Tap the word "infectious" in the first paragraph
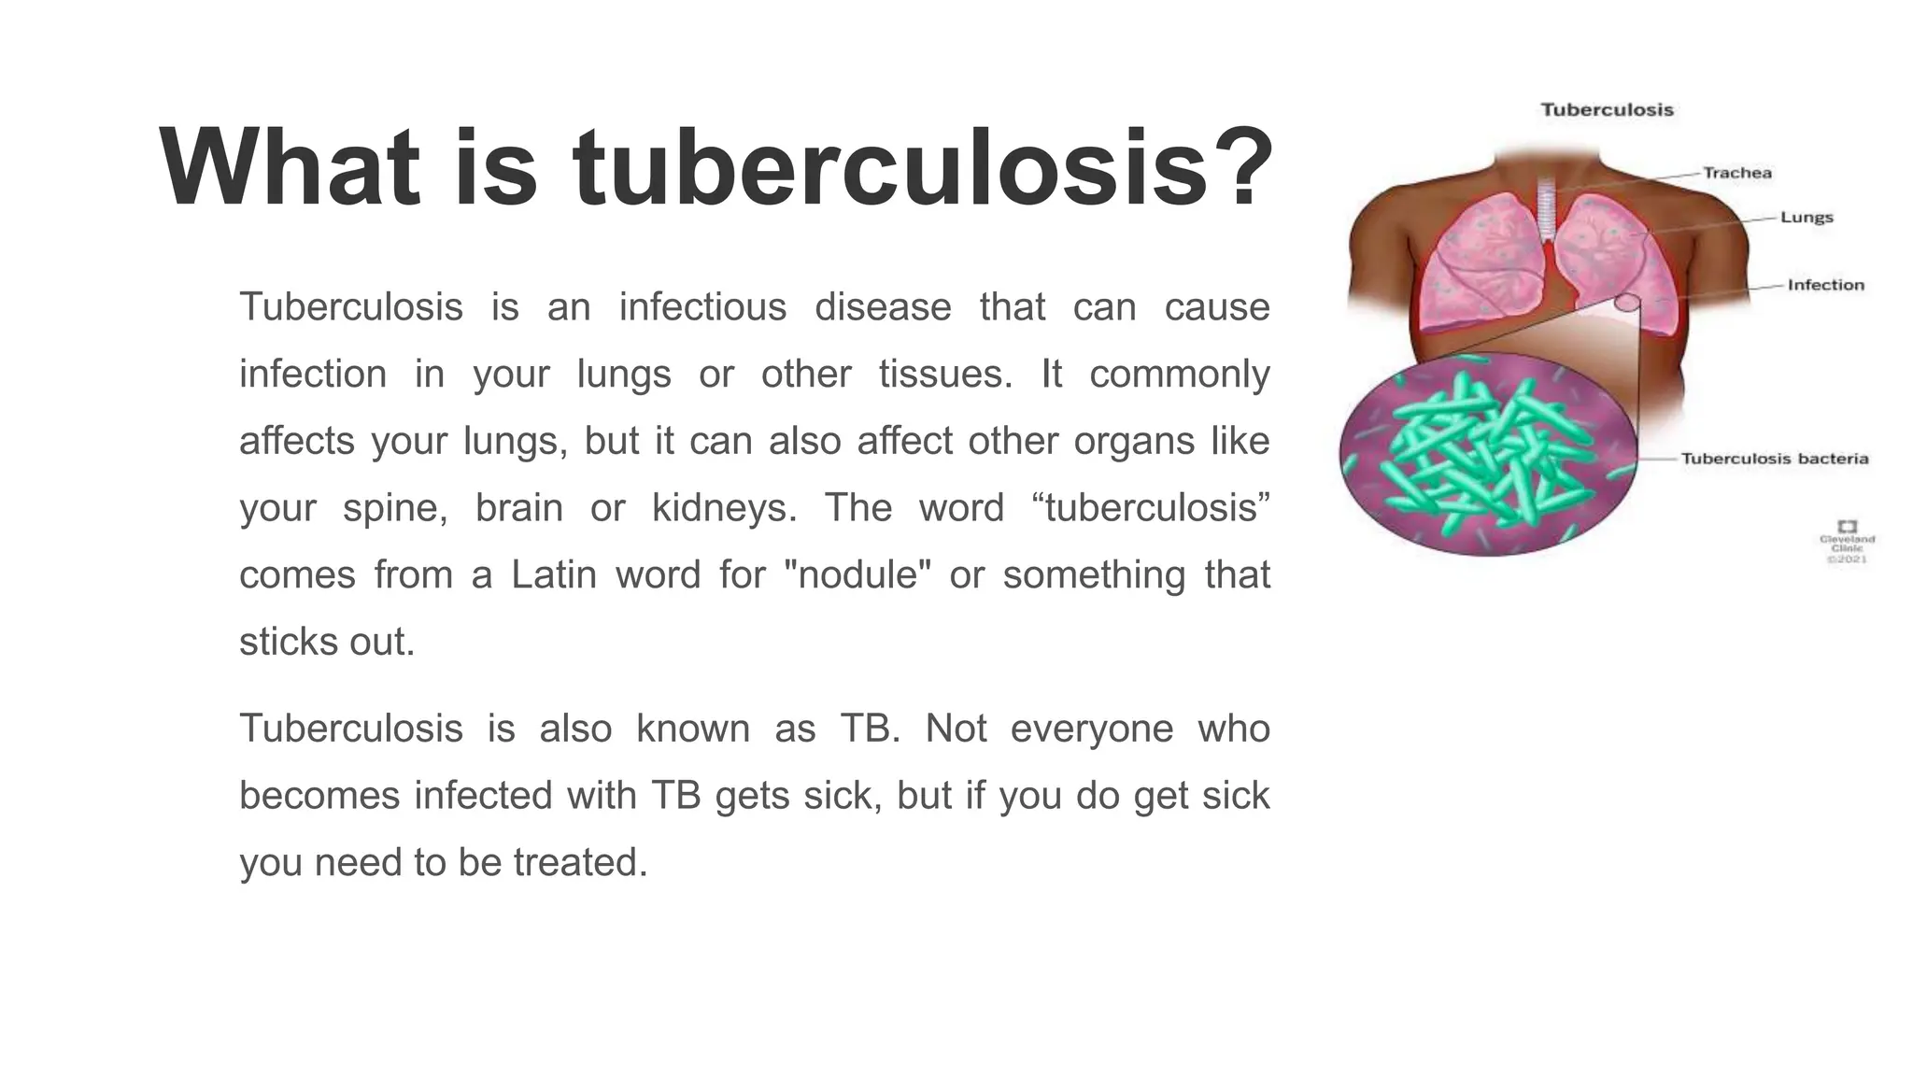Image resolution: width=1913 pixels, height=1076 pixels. pos(702,306)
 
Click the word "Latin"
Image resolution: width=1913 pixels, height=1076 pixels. pos(554,574)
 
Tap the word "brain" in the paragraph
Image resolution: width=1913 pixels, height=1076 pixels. pos(518,508)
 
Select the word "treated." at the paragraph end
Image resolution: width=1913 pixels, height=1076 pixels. pos(580,861)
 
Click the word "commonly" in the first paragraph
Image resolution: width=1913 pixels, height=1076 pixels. pos(1179,374)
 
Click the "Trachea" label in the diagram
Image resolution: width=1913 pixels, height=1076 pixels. pos(1736,173)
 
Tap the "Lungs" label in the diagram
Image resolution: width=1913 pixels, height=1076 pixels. pos(1807,218)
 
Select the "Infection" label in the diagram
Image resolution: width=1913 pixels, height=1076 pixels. pos(1825,285)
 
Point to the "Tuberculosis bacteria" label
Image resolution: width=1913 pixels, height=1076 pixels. pos(1774,459)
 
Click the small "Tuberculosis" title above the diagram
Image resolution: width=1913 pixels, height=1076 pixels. pos(1607,110)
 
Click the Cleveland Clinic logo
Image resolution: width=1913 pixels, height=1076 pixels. pos(1847,527)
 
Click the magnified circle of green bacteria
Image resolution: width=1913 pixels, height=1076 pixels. pos(1488,455)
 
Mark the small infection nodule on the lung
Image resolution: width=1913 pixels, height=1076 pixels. pos(1627,302)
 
